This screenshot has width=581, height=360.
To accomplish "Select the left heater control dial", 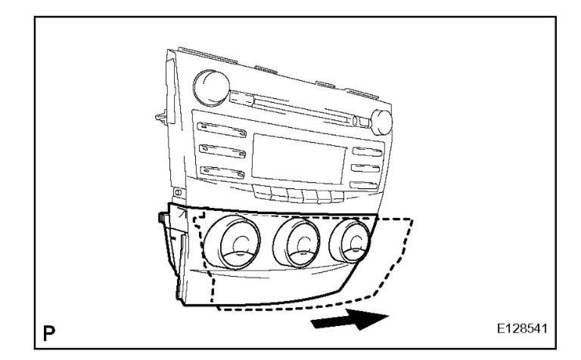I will pyautogui.click(x=239, y=243).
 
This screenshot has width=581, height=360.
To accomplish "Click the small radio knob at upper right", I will pyautogui.click(x=382, y=121).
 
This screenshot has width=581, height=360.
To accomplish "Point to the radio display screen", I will pyautogui.click(x=297, y=156).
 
